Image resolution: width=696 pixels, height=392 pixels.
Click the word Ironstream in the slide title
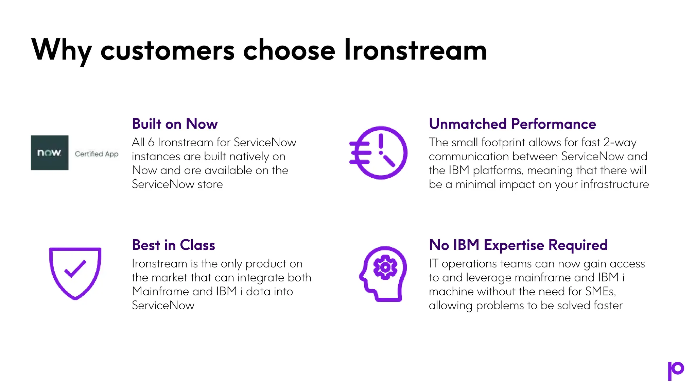(x=415, y=50)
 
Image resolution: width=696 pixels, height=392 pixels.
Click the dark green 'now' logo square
(x=50, y=153)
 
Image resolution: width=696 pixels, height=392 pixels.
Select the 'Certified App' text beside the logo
(x=97, y=154)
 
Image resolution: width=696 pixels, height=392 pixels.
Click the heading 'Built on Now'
(x=175, y=124)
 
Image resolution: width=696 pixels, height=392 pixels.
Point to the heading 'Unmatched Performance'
(x=512, y=124)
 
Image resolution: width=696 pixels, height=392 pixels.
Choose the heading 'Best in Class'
(x=173, y=245)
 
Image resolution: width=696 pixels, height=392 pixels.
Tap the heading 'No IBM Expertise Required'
(x=518, y=245)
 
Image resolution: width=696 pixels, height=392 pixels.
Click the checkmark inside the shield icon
(x=75, y=269)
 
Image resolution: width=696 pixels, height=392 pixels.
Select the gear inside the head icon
(x=385, y=267)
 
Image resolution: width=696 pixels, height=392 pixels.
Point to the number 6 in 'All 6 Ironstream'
(x=151, y=143)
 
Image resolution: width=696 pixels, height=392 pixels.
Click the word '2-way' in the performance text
(x=620, y=143)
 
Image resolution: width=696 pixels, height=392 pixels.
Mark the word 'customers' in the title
(x=168, y=50)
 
